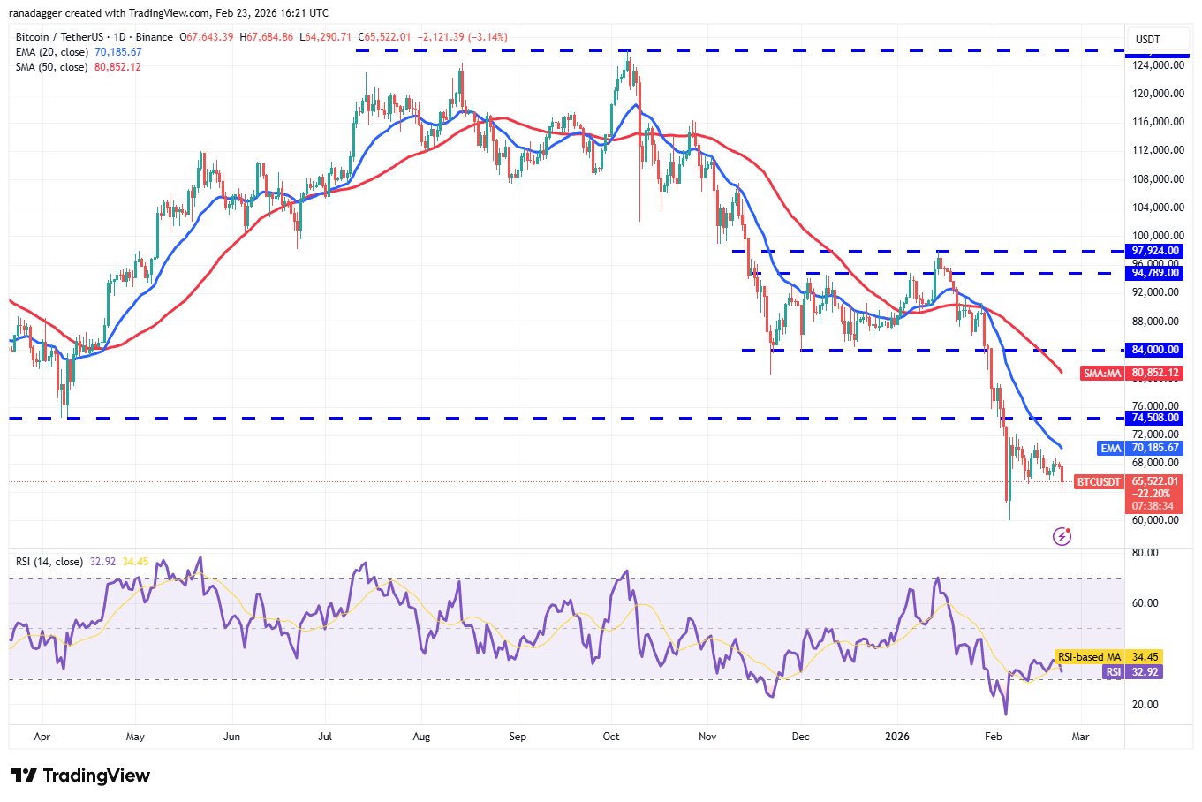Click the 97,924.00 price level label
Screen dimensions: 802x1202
[1155, 251]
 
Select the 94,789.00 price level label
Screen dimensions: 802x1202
[1155, 273]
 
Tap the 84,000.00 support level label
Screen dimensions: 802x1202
[1155, 350]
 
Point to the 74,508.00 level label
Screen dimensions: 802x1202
[1155, 418]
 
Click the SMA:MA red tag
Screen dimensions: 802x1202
[1102, 374]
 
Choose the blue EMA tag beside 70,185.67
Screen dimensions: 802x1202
[1110, 449]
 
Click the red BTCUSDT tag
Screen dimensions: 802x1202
[1099, 482]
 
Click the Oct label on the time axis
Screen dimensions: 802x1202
[610, 736]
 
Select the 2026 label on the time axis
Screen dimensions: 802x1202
[897, 736]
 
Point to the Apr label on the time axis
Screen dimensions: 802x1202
[41, 736]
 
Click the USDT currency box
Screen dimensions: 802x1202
[1147, 40]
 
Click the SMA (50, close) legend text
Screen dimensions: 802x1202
[51, 67]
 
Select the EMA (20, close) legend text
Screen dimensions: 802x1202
[52, 52]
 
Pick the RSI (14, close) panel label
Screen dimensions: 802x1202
[49, 562]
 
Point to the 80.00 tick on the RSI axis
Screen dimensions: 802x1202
[1145, 553]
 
